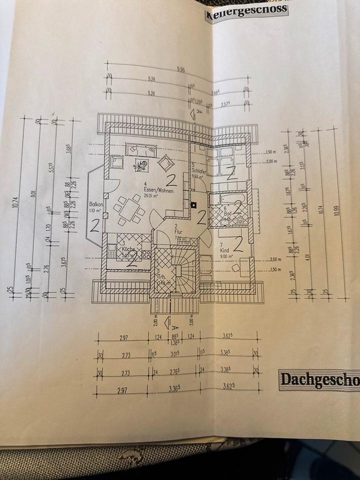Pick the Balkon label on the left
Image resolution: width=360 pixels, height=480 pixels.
[95, 204]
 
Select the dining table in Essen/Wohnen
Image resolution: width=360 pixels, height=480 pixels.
[129, 208]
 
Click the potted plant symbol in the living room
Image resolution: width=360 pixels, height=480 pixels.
[142, 163]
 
